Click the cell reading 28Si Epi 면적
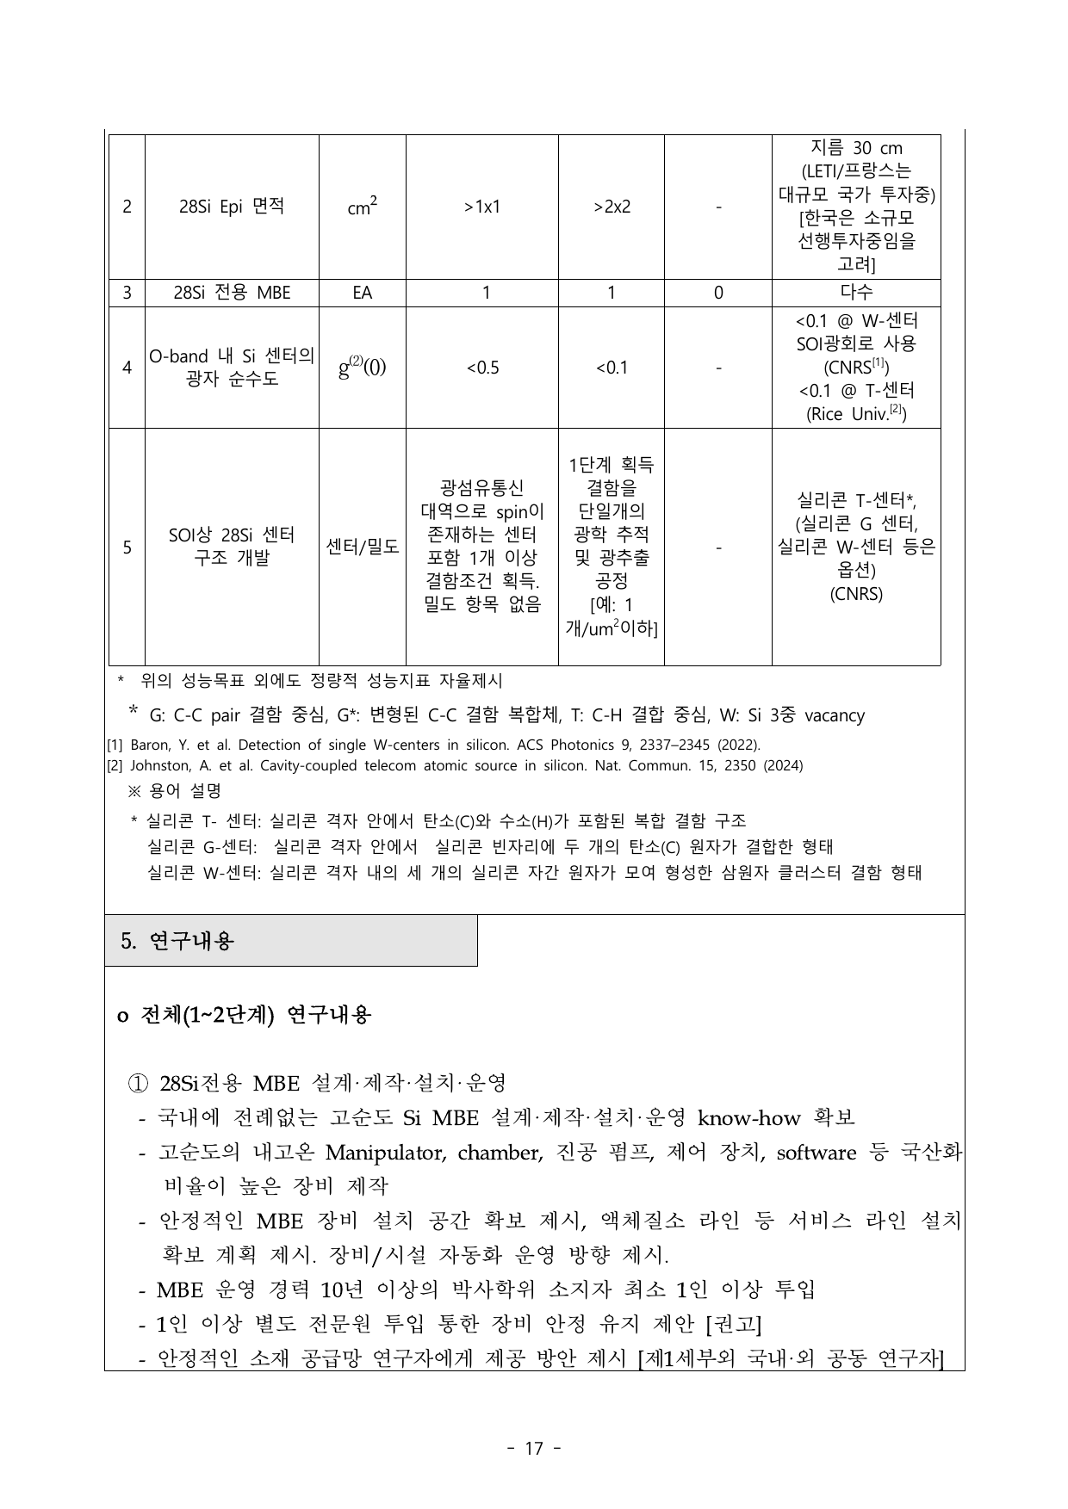[x=232, y=207]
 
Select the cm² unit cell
[x=362, y=207]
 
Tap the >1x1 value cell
[x=481, y=207]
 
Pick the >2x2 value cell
[x=612, y=207]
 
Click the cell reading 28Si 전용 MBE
[x=232, y=293]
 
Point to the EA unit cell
[x=362, y=293]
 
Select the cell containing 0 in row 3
[x=718, y=293]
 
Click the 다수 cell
[x=856, y=293]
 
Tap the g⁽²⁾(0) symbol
[x=362, y=368]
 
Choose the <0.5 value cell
[x=481, y=368]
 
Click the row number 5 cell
[x=127, y=547]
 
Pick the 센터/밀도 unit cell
[x=362, y=547]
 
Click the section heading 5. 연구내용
[x=177, y=941]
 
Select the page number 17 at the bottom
[x=534, y=1449]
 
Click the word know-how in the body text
[x=748, y=1118]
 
